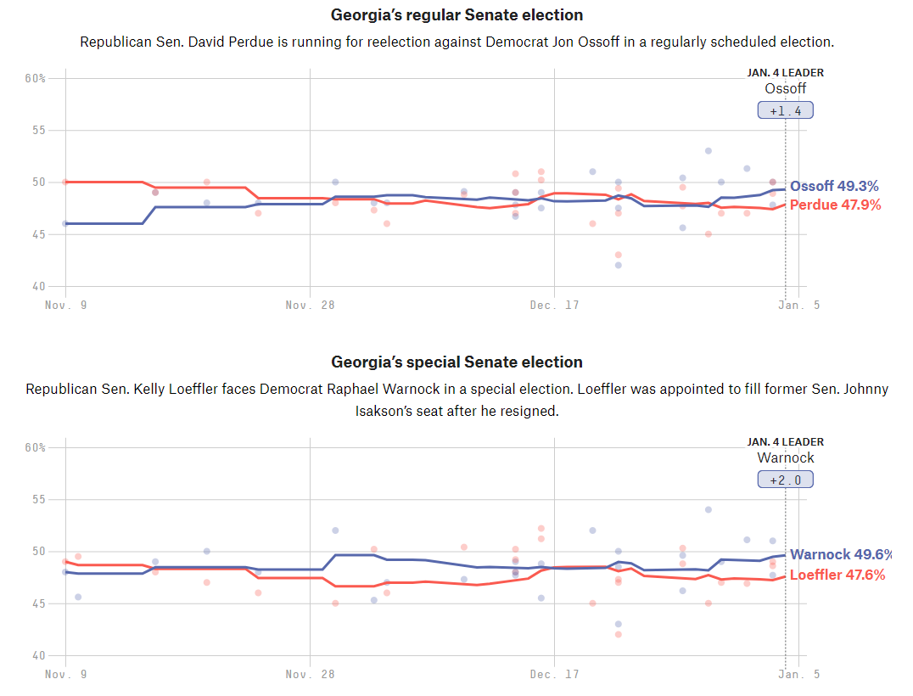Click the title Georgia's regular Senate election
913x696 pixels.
coord(456,15)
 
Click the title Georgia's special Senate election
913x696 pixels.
coord(456,362)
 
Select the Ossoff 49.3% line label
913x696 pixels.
coord(834,187)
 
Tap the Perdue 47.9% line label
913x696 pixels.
coord(835,205)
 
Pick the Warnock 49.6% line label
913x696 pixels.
coord(840,555)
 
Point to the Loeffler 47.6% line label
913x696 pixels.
coord(837,575)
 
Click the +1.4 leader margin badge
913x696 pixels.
coord(785,110)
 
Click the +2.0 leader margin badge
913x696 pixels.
coord(785,480)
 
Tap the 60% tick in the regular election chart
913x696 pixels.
coord(35,78)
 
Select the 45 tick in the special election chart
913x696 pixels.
coord(39,603)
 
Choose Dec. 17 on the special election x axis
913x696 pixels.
coord(554,674)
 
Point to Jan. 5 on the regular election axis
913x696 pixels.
coord(799,305)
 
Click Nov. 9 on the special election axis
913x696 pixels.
coord(65,674)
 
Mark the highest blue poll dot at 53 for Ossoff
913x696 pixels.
coord(708,151)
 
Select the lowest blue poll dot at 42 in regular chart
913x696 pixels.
coord(619,265)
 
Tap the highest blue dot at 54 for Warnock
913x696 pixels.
coord(708,510)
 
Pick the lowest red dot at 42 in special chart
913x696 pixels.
coord(619,634)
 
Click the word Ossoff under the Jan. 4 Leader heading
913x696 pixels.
coord(785,88)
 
